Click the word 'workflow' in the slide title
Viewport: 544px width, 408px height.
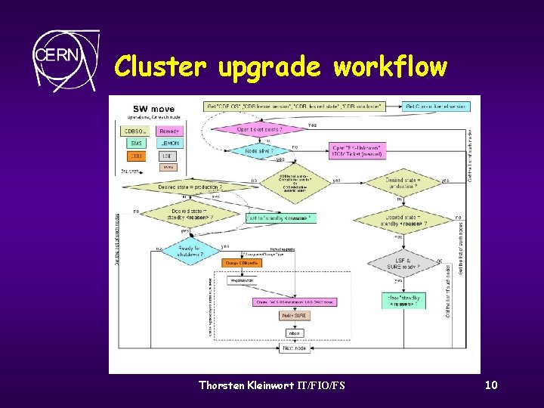[390, 67]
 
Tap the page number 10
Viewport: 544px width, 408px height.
[491, 385]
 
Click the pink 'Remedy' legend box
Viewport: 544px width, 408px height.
[170, 131]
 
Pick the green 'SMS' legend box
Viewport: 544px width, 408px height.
[136, 143]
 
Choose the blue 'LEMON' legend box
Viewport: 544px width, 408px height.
[170, 143]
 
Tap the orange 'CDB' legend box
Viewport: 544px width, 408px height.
[136, 156]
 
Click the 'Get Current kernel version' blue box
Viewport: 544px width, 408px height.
[436, 107]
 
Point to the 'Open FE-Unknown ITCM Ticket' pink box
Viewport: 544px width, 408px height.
[357, 150]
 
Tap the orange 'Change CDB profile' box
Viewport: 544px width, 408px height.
[241, 263]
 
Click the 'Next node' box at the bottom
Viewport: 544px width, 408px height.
[295, 348]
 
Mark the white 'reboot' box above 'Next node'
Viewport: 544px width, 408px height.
[295, 332]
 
